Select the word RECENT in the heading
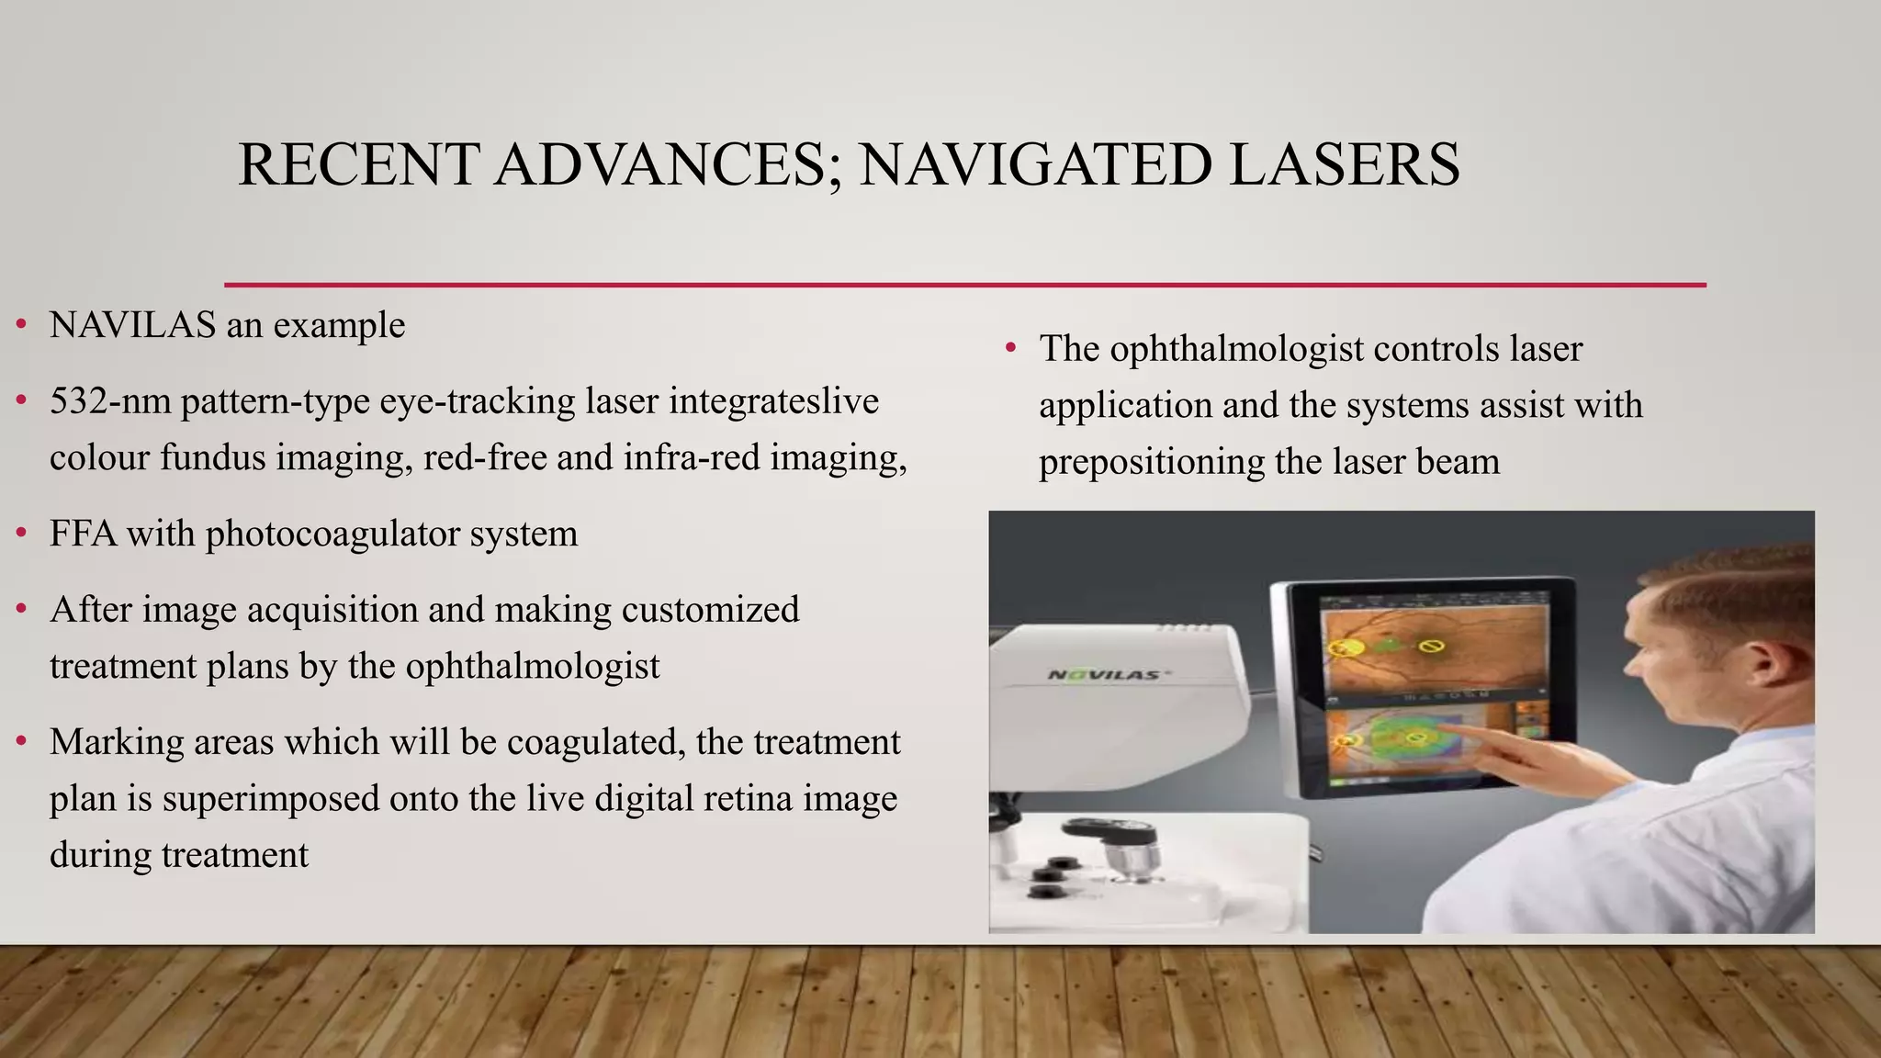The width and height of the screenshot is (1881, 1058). (358, 165)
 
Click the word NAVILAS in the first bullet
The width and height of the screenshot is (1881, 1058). (132, 325)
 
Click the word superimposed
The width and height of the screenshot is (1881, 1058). (271, 799)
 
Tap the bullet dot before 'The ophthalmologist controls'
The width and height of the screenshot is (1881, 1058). (1011, 349)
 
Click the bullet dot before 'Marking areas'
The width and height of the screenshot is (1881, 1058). (21, 742)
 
